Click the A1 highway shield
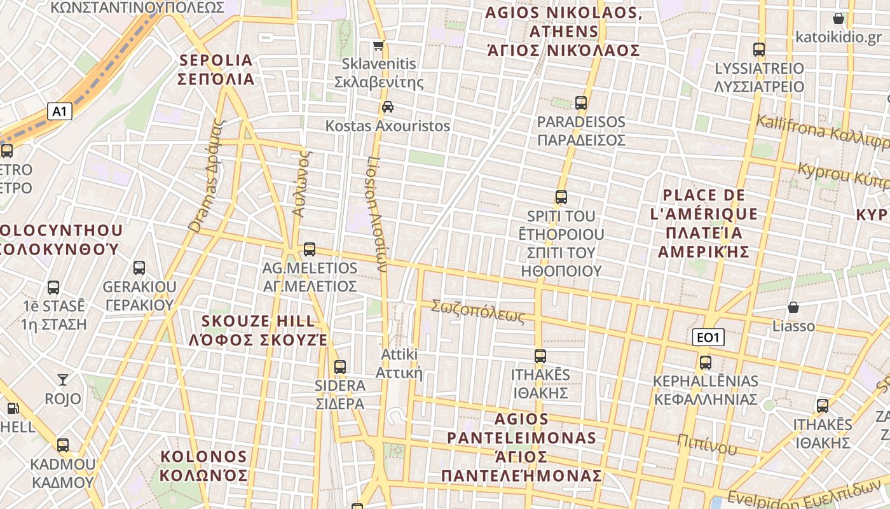click(59, 112)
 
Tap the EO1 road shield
click(708, 338)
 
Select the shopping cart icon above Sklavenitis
click(379, 46)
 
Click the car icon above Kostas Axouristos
click(388, 107)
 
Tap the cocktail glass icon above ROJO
click(63, 380)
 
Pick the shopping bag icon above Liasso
click(793, 308)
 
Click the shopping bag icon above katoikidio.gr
click(839, 18)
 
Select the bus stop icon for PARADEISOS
click(581, 102)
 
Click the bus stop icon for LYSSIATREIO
click(758, 49)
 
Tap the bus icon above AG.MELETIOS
click(310, 249)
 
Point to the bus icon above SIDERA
click(340, 366)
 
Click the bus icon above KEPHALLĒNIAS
click(706, 363)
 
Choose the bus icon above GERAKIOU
click(139, 268)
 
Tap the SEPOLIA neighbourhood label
click(217, 70)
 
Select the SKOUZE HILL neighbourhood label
click(258, 330)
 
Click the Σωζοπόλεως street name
click(478, 311)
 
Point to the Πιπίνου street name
click(706, 443)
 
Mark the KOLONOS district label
click(203, 466)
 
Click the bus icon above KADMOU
click(63, 445)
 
